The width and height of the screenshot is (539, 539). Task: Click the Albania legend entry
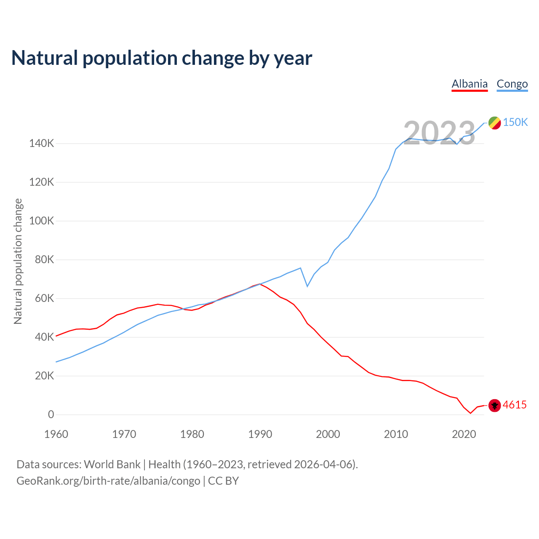click(470, 84)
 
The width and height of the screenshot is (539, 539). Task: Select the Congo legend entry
click(512, 84)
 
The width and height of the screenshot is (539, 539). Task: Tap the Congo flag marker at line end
click(495, 123)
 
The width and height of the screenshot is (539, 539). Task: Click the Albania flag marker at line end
click(495, 405)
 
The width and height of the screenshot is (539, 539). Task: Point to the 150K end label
click(515, 122)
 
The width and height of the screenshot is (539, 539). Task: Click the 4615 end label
click(515, 405)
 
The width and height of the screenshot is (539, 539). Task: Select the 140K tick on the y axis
click(42, 144)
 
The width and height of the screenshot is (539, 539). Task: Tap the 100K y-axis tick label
click(42, 221)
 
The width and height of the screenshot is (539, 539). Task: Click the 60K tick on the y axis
click(44, 299)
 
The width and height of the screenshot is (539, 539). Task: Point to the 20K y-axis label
click(44, 376)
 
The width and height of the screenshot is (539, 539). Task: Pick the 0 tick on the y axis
click(51, 414)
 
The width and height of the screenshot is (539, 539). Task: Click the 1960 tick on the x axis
click(56, 434)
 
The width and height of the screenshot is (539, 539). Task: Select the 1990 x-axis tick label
click(260, 434)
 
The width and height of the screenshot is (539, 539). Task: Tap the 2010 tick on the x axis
click(396, 434)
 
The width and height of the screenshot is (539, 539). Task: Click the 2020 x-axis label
click(464, 434)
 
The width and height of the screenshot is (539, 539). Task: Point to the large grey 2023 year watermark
click(439, 133)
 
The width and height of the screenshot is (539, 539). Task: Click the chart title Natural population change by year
click(162, 58)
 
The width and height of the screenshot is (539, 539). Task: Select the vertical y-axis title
click(18, 261)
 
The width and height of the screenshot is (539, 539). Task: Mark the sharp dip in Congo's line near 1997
click(307, 286)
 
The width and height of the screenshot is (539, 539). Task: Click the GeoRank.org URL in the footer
click(108, 481)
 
